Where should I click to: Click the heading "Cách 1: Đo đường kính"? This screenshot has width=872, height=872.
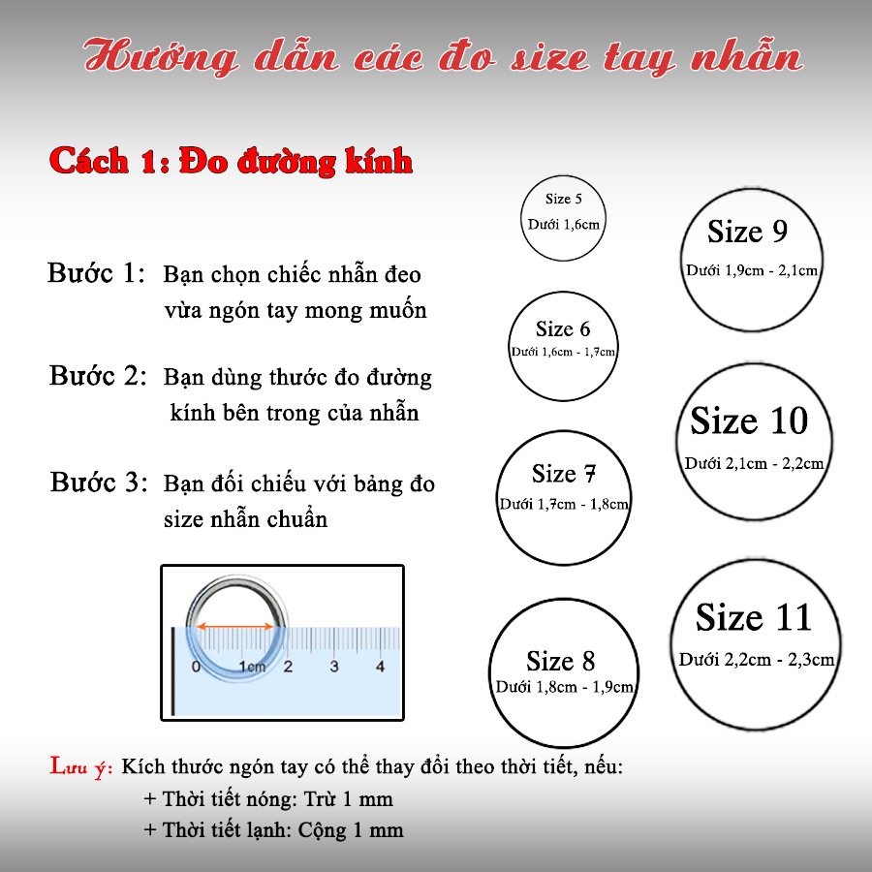pos(231,162)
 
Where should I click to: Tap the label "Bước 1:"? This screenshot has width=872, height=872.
pos(97,273)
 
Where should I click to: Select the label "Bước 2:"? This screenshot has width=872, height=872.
pos(99,376)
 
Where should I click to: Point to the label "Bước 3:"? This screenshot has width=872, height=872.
pos(99,482)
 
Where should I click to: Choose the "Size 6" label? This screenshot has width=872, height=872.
pos(562,329)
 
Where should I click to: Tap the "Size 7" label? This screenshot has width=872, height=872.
pos(564,474)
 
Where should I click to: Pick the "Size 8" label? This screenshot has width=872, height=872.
pos(561,662)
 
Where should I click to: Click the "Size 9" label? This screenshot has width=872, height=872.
pos(747,233)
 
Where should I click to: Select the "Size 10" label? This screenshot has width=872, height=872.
pos(749,421)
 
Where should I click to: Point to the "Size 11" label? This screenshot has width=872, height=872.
pos(753,618)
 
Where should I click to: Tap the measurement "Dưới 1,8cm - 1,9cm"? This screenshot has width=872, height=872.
pos(564,687)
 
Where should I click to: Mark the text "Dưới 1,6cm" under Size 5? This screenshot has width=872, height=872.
pos(563,224)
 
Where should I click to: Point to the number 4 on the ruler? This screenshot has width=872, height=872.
pos(381,667)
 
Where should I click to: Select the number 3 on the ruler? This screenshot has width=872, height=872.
pos(334,667)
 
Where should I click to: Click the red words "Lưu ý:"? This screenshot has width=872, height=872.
pos(82,768)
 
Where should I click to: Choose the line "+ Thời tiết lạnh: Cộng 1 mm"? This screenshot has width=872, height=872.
pos(272,830)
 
